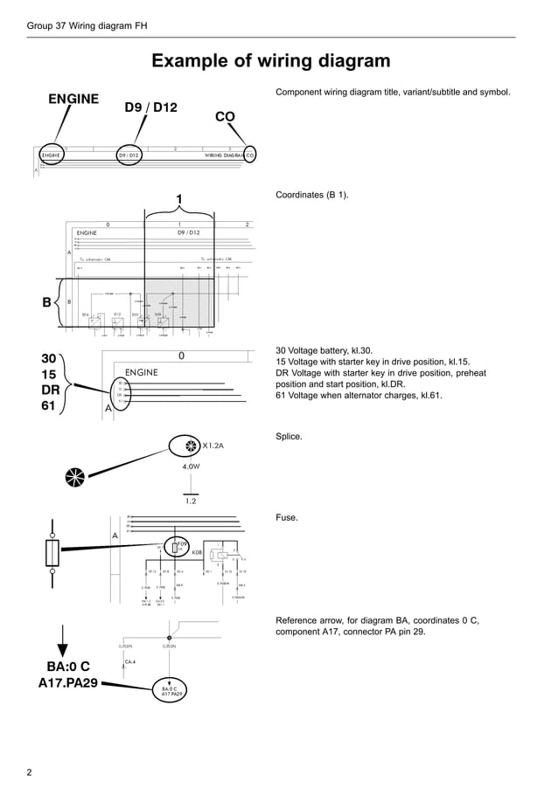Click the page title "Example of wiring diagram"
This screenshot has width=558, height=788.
271,60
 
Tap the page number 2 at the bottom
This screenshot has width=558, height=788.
30,772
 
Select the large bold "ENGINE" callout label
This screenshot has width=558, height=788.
73,99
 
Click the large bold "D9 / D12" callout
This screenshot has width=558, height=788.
150,107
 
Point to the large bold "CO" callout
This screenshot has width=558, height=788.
225,116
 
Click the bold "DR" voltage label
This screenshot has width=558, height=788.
51,390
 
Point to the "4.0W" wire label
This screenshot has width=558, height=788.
192,467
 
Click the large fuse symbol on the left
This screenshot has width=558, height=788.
52,552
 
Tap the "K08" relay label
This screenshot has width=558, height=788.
197,552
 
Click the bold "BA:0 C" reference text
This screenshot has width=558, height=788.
61,667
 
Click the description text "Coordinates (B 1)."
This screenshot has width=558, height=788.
312,195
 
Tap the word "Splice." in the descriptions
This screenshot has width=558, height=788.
289,436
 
